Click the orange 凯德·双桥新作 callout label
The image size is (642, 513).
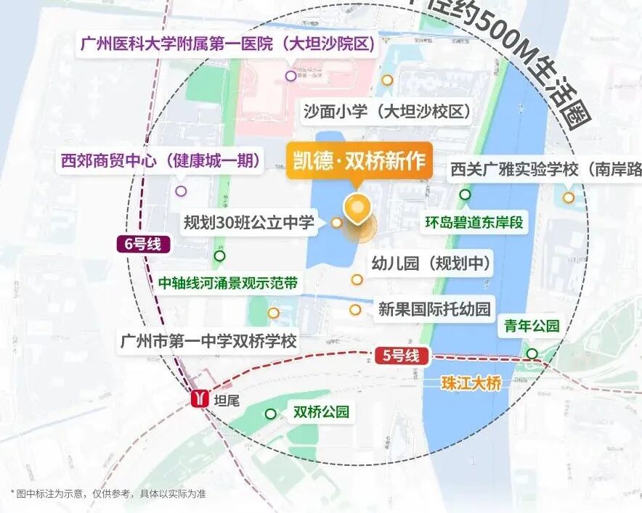click(359, 160)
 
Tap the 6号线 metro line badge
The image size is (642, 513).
click(143, 245)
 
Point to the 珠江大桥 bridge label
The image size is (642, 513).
click(471, 384)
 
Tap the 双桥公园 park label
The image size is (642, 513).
click(321, 412)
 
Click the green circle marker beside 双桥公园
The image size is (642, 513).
click(270, 414)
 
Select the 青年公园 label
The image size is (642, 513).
click(532, 327)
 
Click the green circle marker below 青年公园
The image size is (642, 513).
click(532, 353)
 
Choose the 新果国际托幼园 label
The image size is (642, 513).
click(434, 309)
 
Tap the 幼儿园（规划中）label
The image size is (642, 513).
click(431, 263)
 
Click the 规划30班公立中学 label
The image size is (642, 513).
click(249, 222)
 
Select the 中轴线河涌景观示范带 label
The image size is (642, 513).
click(228, 283)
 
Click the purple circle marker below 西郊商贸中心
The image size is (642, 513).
click(181, 192)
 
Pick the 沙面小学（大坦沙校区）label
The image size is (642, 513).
click(387, 112)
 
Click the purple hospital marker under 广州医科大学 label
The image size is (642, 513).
click(290, 75)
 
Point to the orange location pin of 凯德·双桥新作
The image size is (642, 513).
click(357, 208)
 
